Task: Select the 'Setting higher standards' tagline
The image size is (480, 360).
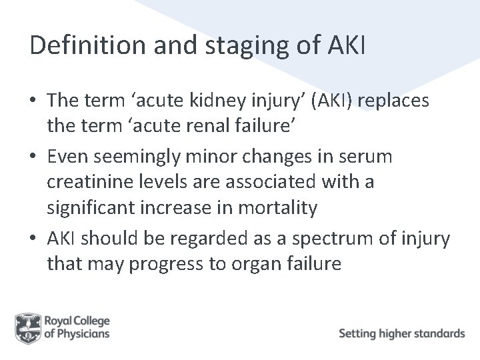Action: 401,333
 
